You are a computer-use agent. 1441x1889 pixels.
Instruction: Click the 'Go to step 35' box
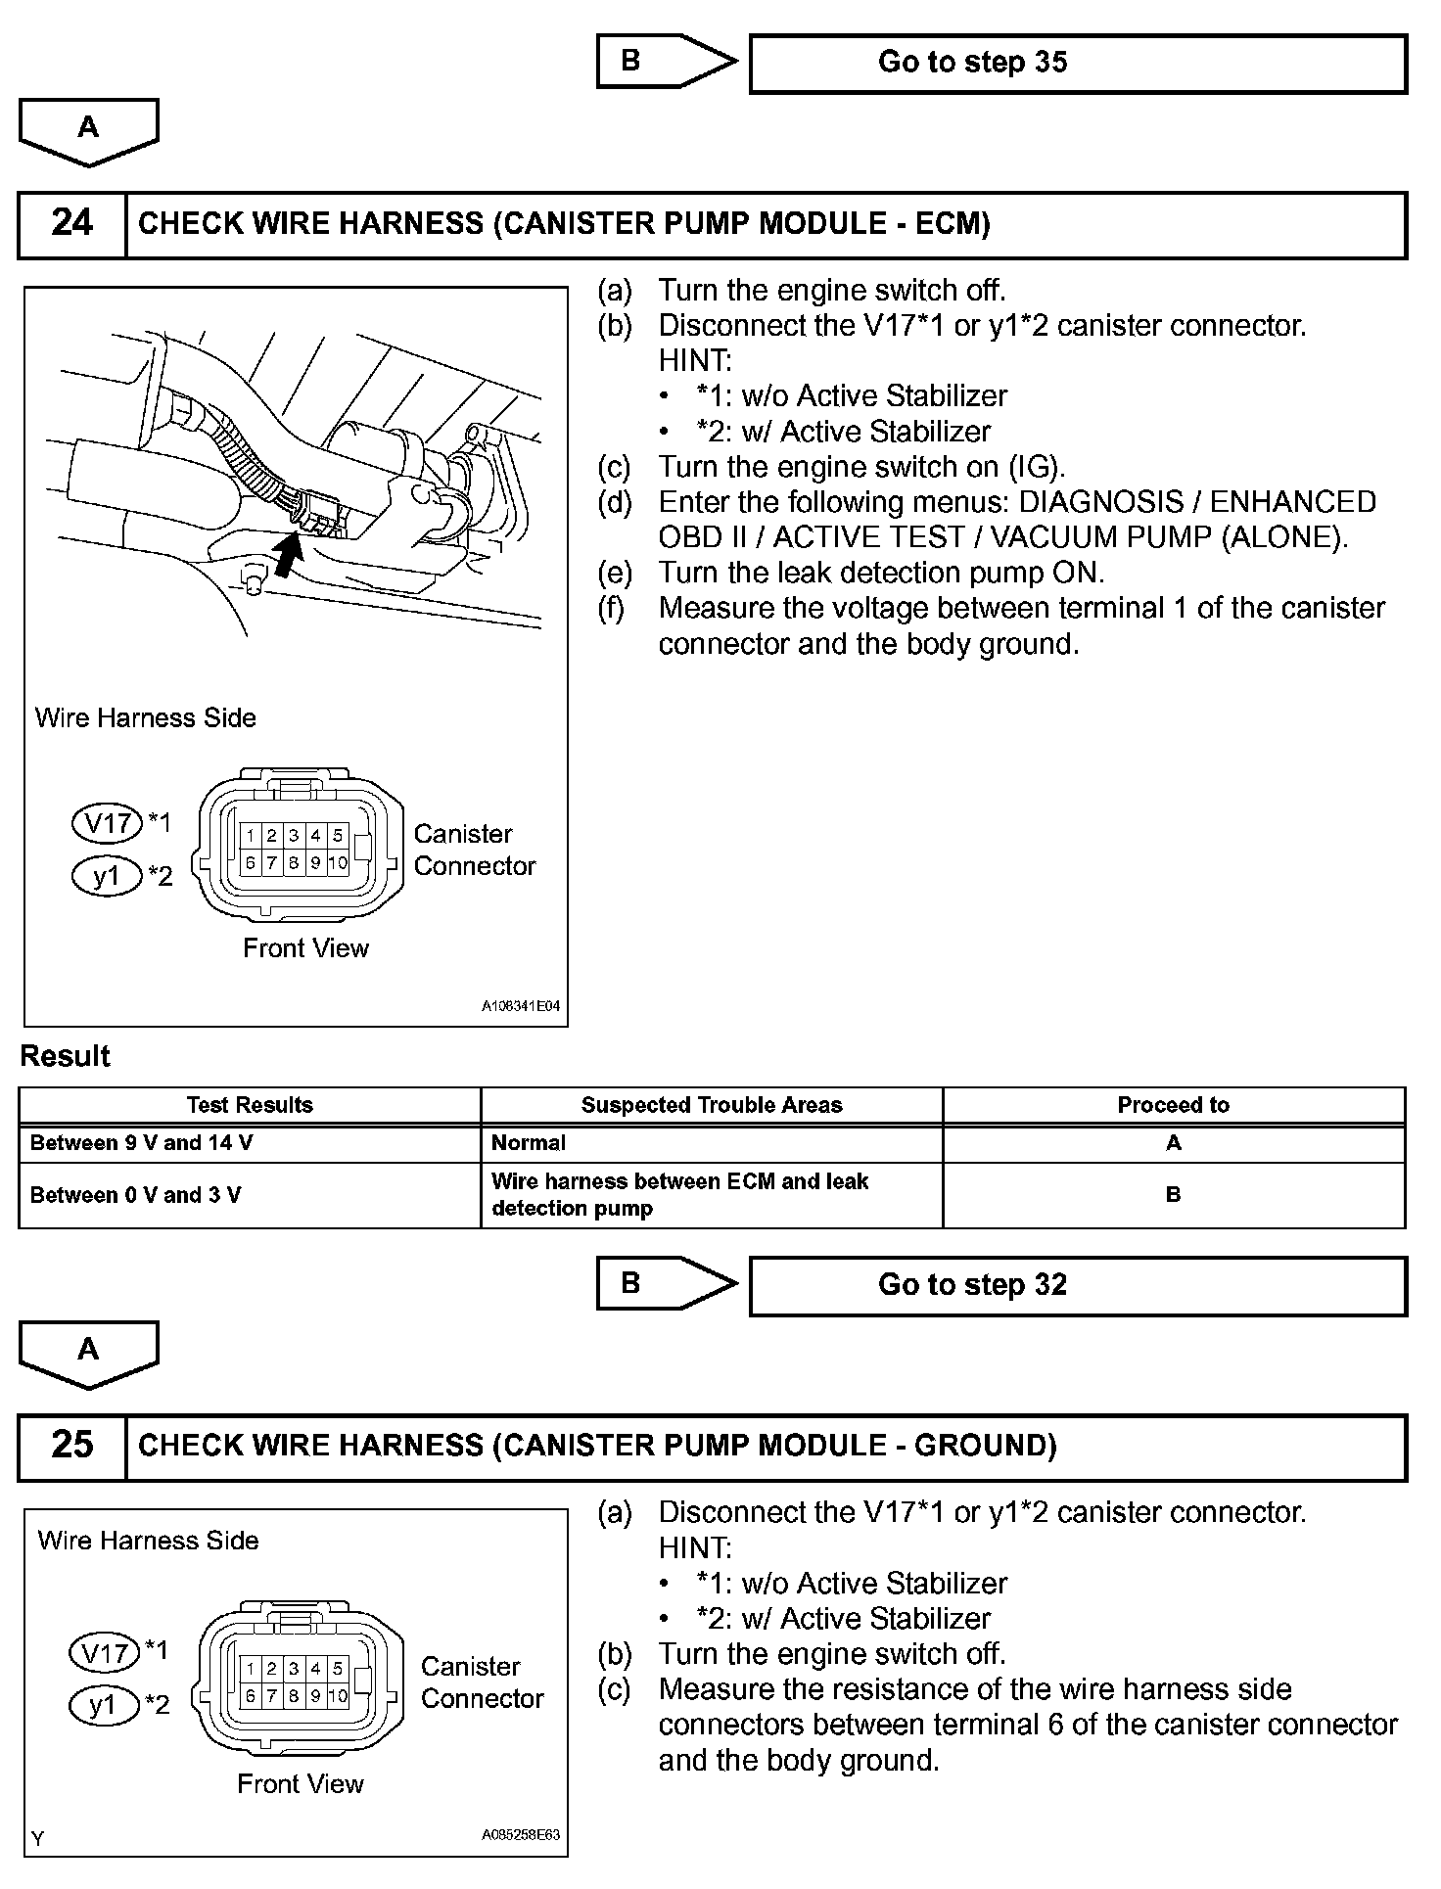tap(1077, 64)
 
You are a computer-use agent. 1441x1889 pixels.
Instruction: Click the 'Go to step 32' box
tap(1077, 1285)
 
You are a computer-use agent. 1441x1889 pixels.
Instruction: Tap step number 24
tap(71, 224)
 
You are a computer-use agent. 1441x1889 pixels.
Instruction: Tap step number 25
tap(71, 1446)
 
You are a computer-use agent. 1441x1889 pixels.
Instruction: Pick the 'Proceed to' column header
tap(1173, 1105)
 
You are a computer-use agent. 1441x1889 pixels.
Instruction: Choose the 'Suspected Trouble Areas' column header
tap(711, 1105)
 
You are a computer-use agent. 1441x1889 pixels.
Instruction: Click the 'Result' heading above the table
tap(65, 1056)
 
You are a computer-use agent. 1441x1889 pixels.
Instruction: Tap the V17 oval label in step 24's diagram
tap(108, 823)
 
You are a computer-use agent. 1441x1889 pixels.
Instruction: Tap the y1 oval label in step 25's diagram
tap(103, 1706)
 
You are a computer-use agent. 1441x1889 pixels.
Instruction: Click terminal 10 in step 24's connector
tap(338, 863)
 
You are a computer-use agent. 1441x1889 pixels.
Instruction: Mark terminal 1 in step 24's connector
tap(251, 836)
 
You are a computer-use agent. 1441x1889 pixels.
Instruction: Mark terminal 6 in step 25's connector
tap(251, 1696)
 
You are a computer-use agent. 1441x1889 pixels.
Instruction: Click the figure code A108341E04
tap(521, 1006)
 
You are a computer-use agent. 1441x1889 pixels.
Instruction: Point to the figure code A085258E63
tap(521, 1835)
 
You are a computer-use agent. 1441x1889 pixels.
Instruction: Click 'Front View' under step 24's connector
tap(305, 948)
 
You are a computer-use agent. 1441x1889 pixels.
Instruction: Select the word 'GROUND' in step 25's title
tap(979, 1446)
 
